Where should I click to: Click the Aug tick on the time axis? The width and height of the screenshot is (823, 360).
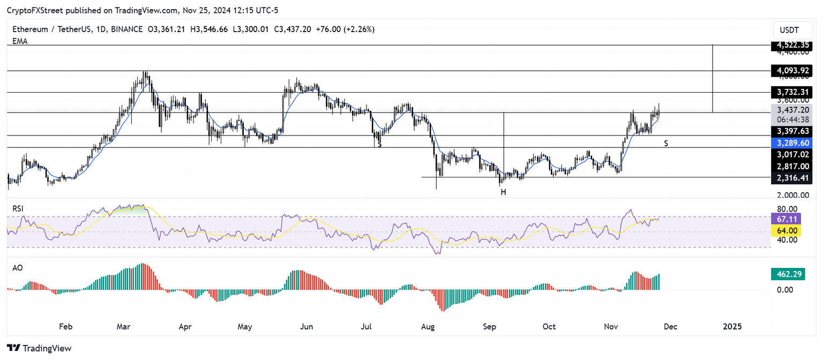pyautogui.click(x=427, y=326)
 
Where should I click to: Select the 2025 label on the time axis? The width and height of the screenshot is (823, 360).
pyautogui.click(x=732, y=326)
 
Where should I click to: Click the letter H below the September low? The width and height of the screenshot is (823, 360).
pyautogui.click(x=503, y=192)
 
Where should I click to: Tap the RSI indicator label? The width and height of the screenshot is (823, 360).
pyautogui.click(x=18, y=208)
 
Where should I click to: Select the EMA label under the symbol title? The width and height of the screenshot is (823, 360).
pyautogui.click(x=20, y=41)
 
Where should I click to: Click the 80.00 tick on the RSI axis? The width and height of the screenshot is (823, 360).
pyautogui.click(x=784, y=209)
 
